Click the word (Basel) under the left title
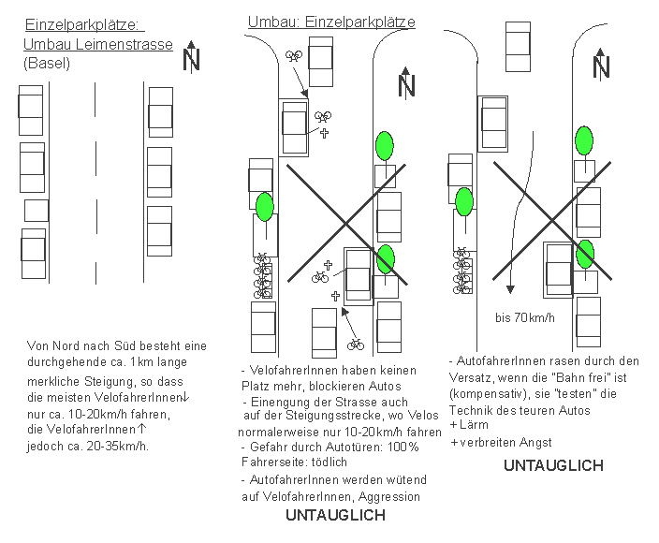click(47, 64)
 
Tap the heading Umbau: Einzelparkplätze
click(331, 22)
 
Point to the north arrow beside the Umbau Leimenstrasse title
click(191, 57)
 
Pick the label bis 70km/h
click(524, 317)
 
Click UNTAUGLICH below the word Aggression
click(335, 515)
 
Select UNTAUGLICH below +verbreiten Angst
click(553, 464)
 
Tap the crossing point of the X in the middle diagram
click(346, 222)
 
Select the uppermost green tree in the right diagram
click(584, 141)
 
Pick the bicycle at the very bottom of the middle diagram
click(355, 345)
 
